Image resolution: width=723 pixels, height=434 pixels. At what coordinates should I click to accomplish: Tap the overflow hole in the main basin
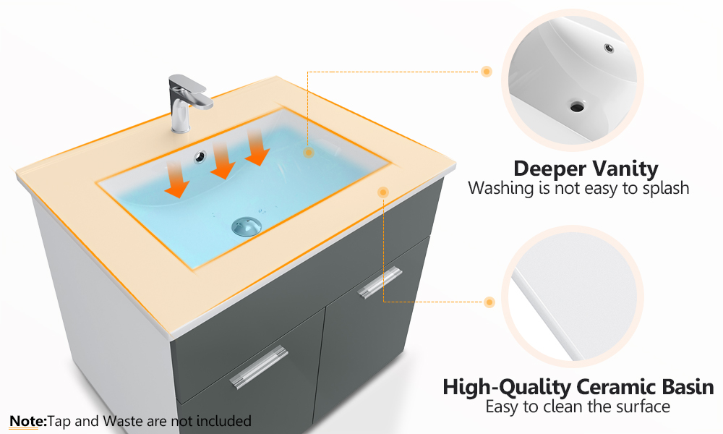click(200, 157)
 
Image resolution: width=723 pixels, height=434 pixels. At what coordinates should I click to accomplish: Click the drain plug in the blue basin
click(247, 226)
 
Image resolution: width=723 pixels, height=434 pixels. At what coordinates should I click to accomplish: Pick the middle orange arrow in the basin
click(223, 161)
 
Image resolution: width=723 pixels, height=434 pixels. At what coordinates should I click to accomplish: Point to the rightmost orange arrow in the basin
click(257, 147)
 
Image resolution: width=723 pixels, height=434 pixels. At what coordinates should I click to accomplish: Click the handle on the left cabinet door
click(259, 367)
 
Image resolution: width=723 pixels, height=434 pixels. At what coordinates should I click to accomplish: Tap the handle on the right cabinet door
click(380, 282)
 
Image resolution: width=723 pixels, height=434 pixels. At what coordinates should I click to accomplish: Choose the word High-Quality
click(506, 388)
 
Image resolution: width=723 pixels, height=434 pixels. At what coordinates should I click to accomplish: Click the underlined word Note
click(28, 421)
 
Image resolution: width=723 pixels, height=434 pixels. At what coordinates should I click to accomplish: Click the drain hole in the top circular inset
click(577, 106)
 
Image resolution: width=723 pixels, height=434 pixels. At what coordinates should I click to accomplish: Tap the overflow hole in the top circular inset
click(609, 48)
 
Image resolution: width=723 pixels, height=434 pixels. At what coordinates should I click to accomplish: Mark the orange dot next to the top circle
click(487, 72)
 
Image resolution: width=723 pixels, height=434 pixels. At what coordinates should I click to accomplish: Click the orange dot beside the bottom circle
click(489, 302)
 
